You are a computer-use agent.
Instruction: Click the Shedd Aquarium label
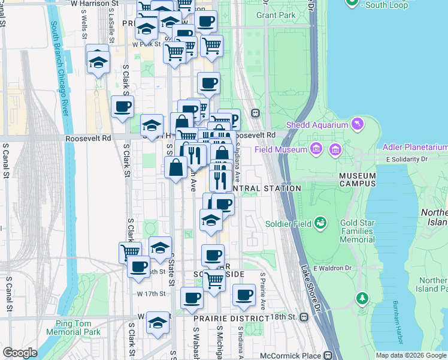317,125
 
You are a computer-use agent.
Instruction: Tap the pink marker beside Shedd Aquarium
358,124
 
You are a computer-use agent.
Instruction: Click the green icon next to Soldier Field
322,223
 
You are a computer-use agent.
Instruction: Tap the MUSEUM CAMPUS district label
357,180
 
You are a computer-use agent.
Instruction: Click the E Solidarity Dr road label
407,160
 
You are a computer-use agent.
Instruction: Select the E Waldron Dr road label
330,268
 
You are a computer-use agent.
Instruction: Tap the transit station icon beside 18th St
304,317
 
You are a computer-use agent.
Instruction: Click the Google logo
20,353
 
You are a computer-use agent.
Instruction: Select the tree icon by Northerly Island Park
361,297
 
